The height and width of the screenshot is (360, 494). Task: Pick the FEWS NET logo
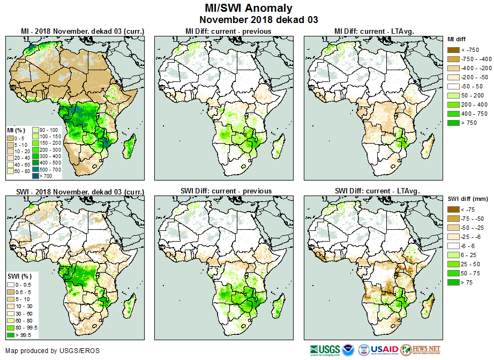point(421,350)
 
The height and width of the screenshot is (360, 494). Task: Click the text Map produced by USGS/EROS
point(53,351)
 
